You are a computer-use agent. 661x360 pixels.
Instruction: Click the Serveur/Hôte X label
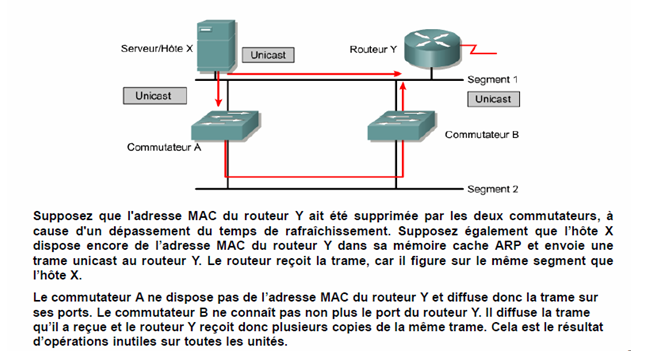point(156,48)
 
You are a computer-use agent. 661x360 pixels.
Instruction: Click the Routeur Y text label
point(373,48)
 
